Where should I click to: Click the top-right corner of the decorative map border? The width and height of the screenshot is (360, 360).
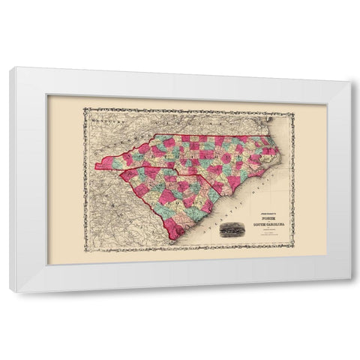(x=293, y=112)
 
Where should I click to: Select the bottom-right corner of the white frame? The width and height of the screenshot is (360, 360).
(x=351, y=291)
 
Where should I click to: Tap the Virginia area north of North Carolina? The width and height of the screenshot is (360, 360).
(x=210, y=124)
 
